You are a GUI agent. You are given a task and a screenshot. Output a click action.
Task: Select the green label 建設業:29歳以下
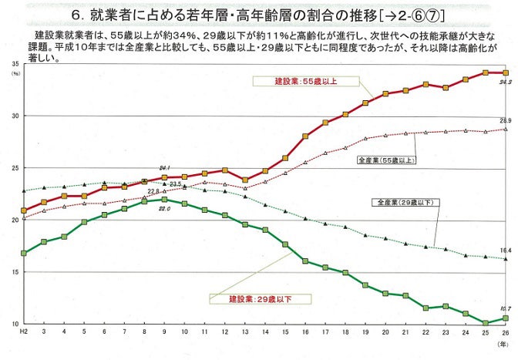(x=259, y=298)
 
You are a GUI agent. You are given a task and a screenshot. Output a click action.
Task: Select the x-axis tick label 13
(x=244, y=331)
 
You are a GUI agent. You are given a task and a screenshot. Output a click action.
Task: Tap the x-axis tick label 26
(x=504, y=331)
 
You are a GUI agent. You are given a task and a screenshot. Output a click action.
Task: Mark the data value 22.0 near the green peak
(x=163, y=209)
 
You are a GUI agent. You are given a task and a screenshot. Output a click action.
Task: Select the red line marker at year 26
(x=504, y=72)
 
